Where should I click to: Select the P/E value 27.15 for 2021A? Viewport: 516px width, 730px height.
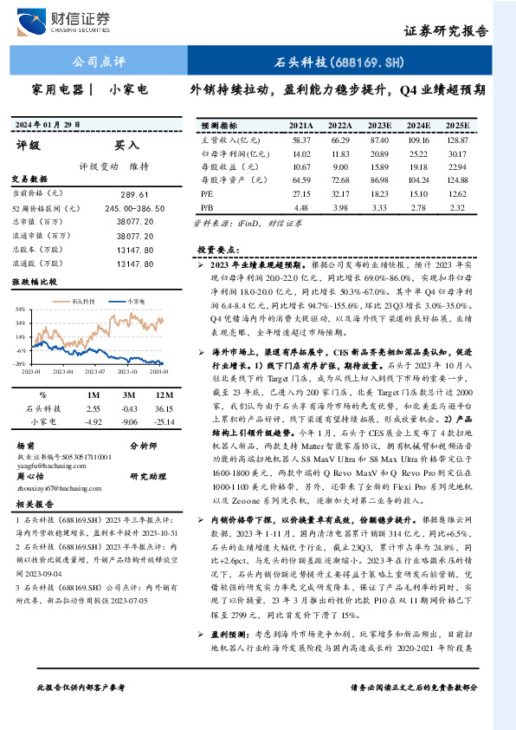pos(301,195)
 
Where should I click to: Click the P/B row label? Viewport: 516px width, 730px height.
pos(207,209)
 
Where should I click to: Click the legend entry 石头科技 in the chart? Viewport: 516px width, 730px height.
pos(83,298)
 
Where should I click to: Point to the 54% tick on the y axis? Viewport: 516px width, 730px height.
pos(20,309)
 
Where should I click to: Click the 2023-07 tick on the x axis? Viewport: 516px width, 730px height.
pos(94,369)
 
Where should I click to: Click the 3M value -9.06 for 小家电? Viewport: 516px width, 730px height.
pos(130,420)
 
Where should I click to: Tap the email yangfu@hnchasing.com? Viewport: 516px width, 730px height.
pos(44,464)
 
